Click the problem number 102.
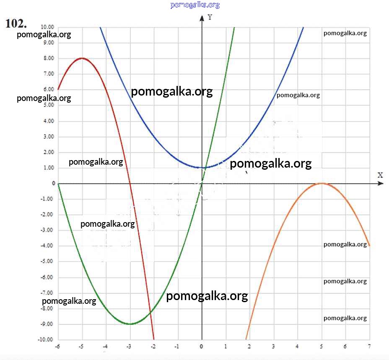pyautogui.click(x=16, y=23)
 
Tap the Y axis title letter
pyautogui.click(x=210, y=18)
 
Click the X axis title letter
pyautogui.click(x=380, y=175)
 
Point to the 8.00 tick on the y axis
pyautogui.click(x=48, y=58)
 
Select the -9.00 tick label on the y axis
pyautogui.click(x=47, y=324)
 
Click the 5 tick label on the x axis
pyautogui.click(x=322, y=347)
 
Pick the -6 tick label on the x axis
pyautogui.click(x=57, y=347)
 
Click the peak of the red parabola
pyautogui.click(x=82, y=58)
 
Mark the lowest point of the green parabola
pyautogui.click(x=130, y=324)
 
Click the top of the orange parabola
pyautogui.click(x=322, y=183)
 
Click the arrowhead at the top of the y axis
pyautogui.click(x=202, y=17)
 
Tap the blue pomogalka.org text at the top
pyautogui.click(x=195, y=5)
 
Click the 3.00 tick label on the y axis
pyautogui.click(x=48, y=137)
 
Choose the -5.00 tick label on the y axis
pyautogui.click(x=47, y=262)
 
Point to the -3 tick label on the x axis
pyautogui.click(x=130, y=347)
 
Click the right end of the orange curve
pyautogui.click(x=369, y=246)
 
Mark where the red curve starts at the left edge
pyautogui.click(x=58, y=89)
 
